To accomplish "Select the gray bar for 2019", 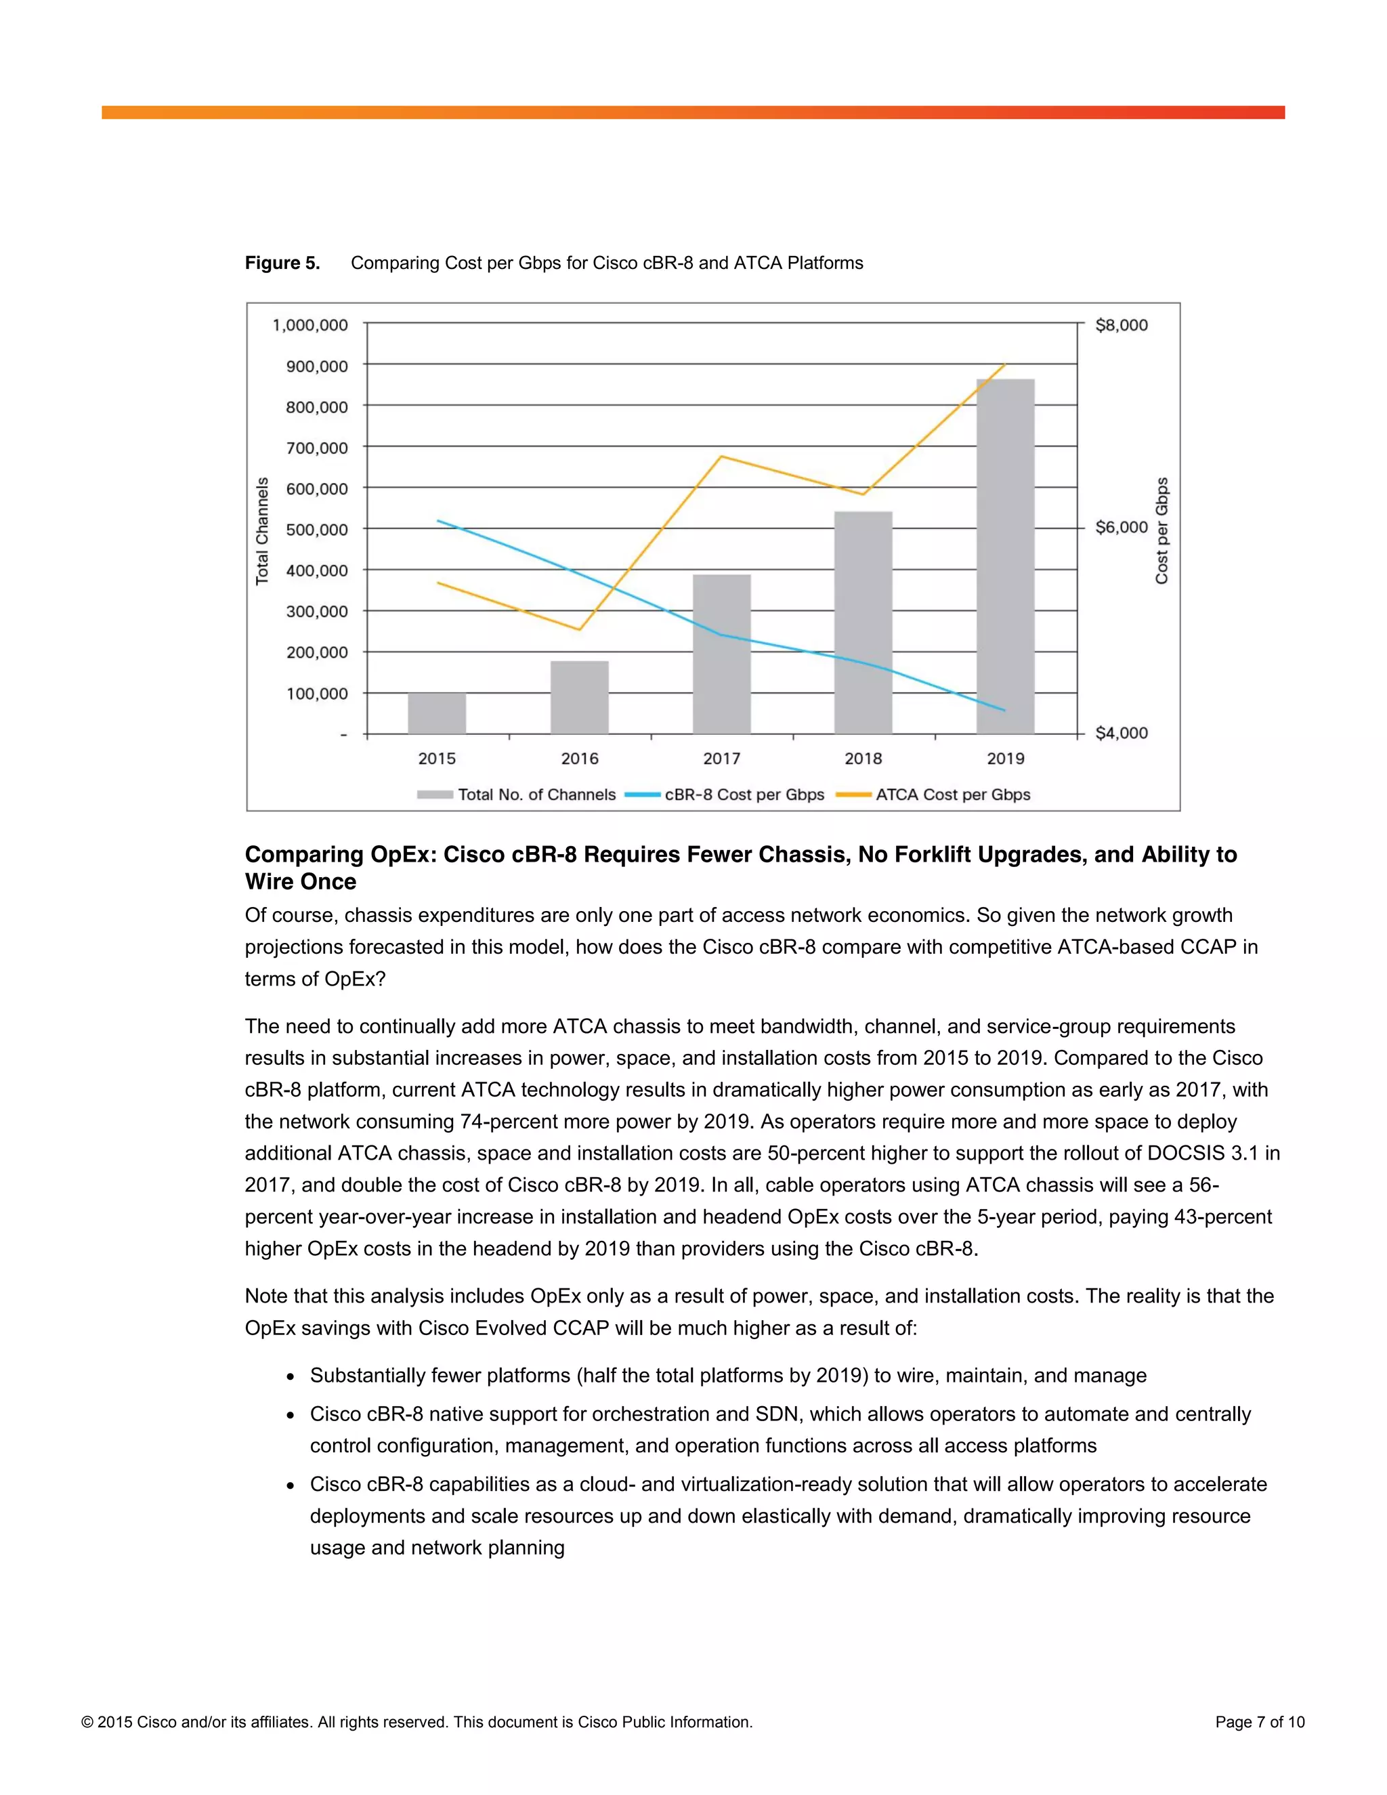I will tap(1005, 559).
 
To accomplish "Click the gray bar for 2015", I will tap(437, 713).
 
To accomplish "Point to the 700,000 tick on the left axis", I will tap(317, 448).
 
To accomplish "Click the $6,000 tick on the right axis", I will tap(1121, 528).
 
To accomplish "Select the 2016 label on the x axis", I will tap(579, 759).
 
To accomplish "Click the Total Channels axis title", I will tap(262, 531).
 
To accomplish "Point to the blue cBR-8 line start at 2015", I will tap(438, 520).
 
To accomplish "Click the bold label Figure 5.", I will tap(282, 263).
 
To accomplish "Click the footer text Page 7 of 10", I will tap(1260, 1722).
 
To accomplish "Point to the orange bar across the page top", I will tap(693, 112).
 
